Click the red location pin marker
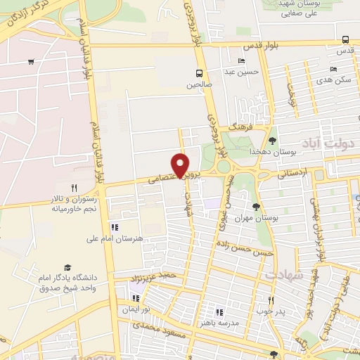coord(181,165)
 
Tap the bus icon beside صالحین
coord(199,73)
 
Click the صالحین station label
coord(199,84)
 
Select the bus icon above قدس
coord(345,40)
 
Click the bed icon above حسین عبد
coord(241,61)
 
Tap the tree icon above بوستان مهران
coord(255,207)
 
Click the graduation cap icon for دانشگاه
coord(67,267)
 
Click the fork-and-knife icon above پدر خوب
coord(270,300)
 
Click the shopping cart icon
coord(31,62)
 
